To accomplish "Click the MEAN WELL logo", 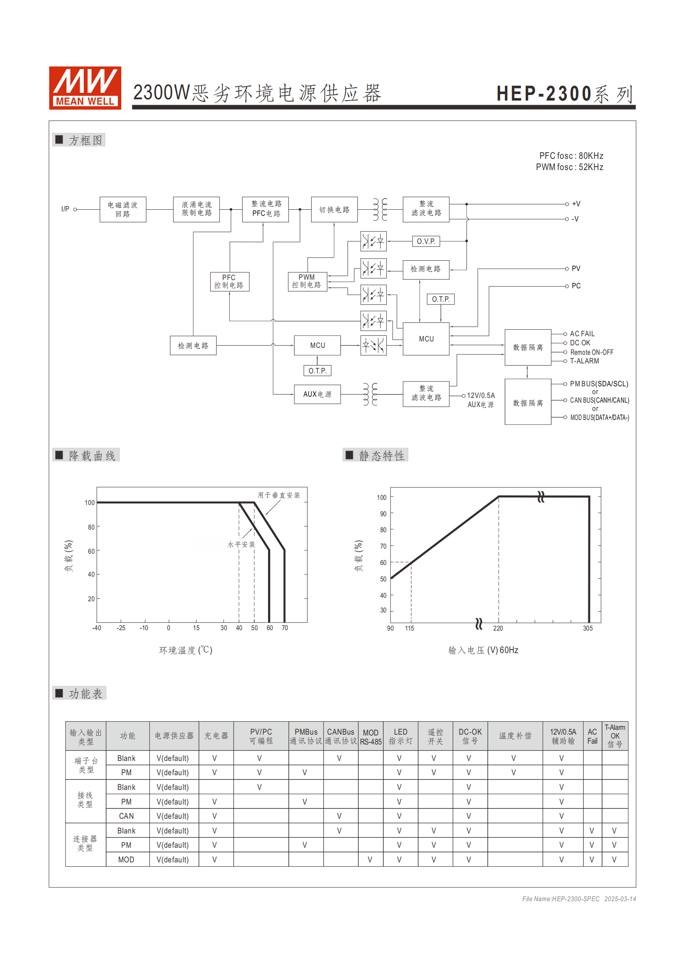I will point(85,88).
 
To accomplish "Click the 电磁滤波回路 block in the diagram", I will point(123,209).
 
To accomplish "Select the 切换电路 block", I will point(334,209).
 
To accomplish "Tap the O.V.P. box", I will point(426,241).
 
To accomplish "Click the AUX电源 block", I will point(317,394).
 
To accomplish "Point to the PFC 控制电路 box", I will point(229,281).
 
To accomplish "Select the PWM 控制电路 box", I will point(307,281).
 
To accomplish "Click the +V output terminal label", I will point(576,204).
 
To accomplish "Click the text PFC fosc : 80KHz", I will point(571,156).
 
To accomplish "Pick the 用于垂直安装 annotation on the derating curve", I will point(278,495).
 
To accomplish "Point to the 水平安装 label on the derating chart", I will point(241,545).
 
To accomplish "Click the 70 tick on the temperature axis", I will point(284,628).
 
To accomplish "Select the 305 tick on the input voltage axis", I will point(587,628).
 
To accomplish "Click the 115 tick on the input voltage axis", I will point(409,628).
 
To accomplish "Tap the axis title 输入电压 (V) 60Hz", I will point(483,650).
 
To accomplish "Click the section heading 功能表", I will point(85,694).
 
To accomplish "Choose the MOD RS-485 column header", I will point(370,737).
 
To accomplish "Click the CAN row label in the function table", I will point(126,816).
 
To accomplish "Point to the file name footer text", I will point(578,899).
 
